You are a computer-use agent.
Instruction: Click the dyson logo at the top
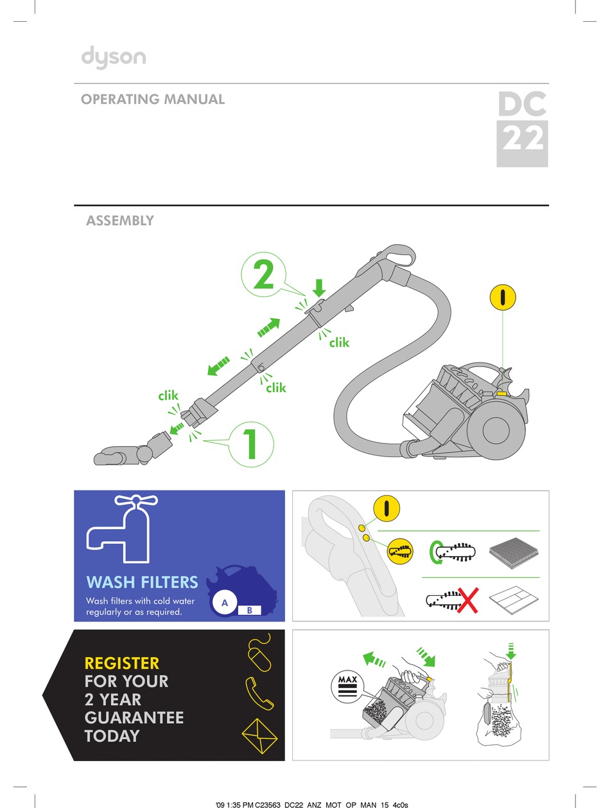point(113,58)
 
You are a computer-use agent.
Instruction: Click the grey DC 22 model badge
point(522,129)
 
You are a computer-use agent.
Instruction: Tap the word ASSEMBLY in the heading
point(120,220)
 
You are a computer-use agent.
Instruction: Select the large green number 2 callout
point(264,276)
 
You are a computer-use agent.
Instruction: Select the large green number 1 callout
point(250,443)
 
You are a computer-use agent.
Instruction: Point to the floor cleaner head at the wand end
point(122,456)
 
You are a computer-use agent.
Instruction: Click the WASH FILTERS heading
point(142,582)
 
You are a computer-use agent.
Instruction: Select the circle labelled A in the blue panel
point(225,603)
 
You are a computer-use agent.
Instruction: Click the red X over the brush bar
point(469,600)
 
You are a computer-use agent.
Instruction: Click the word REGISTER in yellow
point(122,663)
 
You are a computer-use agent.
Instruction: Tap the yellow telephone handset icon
point(259,692)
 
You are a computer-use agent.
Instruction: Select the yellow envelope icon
point(259,732)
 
